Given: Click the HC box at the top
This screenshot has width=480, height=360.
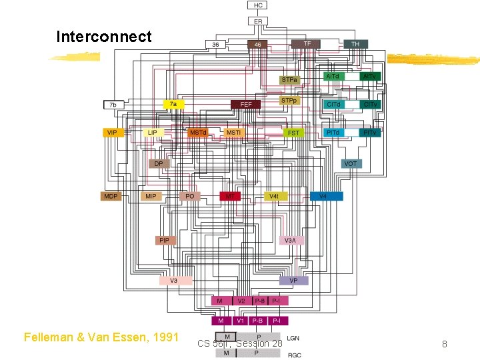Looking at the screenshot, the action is coord(259,5).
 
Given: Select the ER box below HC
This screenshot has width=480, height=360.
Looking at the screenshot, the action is coord(259,21).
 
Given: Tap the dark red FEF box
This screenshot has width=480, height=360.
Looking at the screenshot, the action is coord(246,105).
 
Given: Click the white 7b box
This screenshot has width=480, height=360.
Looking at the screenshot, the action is coord(113,105).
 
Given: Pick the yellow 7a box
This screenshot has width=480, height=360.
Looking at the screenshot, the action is coord(173,105).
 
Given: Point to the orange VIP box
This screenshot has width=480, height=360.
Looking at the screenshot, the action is coord(112,133).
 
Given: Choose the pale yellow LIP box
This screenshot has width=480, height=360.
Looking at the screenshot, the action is coord(153,133).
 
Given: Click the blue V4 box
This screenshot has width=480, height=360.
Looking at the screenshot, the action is coord(326,197).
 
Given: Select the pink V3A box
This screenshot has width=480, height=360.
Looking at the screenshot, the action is coord(291,240).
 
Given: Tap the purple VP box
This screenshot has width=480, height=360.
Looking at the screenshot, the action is coord(293,281).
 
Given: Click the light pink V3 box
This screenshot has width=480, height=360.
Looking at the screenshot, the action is coord(175,281).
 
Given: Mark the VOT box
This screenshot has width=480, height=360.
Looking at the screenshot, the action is coord(351,163).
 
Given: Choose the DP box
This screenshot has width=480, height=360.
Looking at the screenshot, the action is coord(159,163).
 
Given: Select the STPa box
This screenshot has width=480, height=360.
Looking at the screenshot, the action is coord(289,80).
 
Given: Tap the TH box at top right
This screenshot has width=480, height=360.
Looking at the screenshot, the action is coord(355,44).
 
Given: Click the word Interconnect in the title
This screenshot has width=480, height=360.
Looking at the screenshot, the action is coord(104,36).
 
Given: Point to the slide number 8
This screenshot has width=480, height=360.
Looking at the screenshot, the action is coord(445,344).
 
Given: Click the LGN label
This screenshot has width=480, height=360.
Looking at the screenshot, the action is coord(293,338).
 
